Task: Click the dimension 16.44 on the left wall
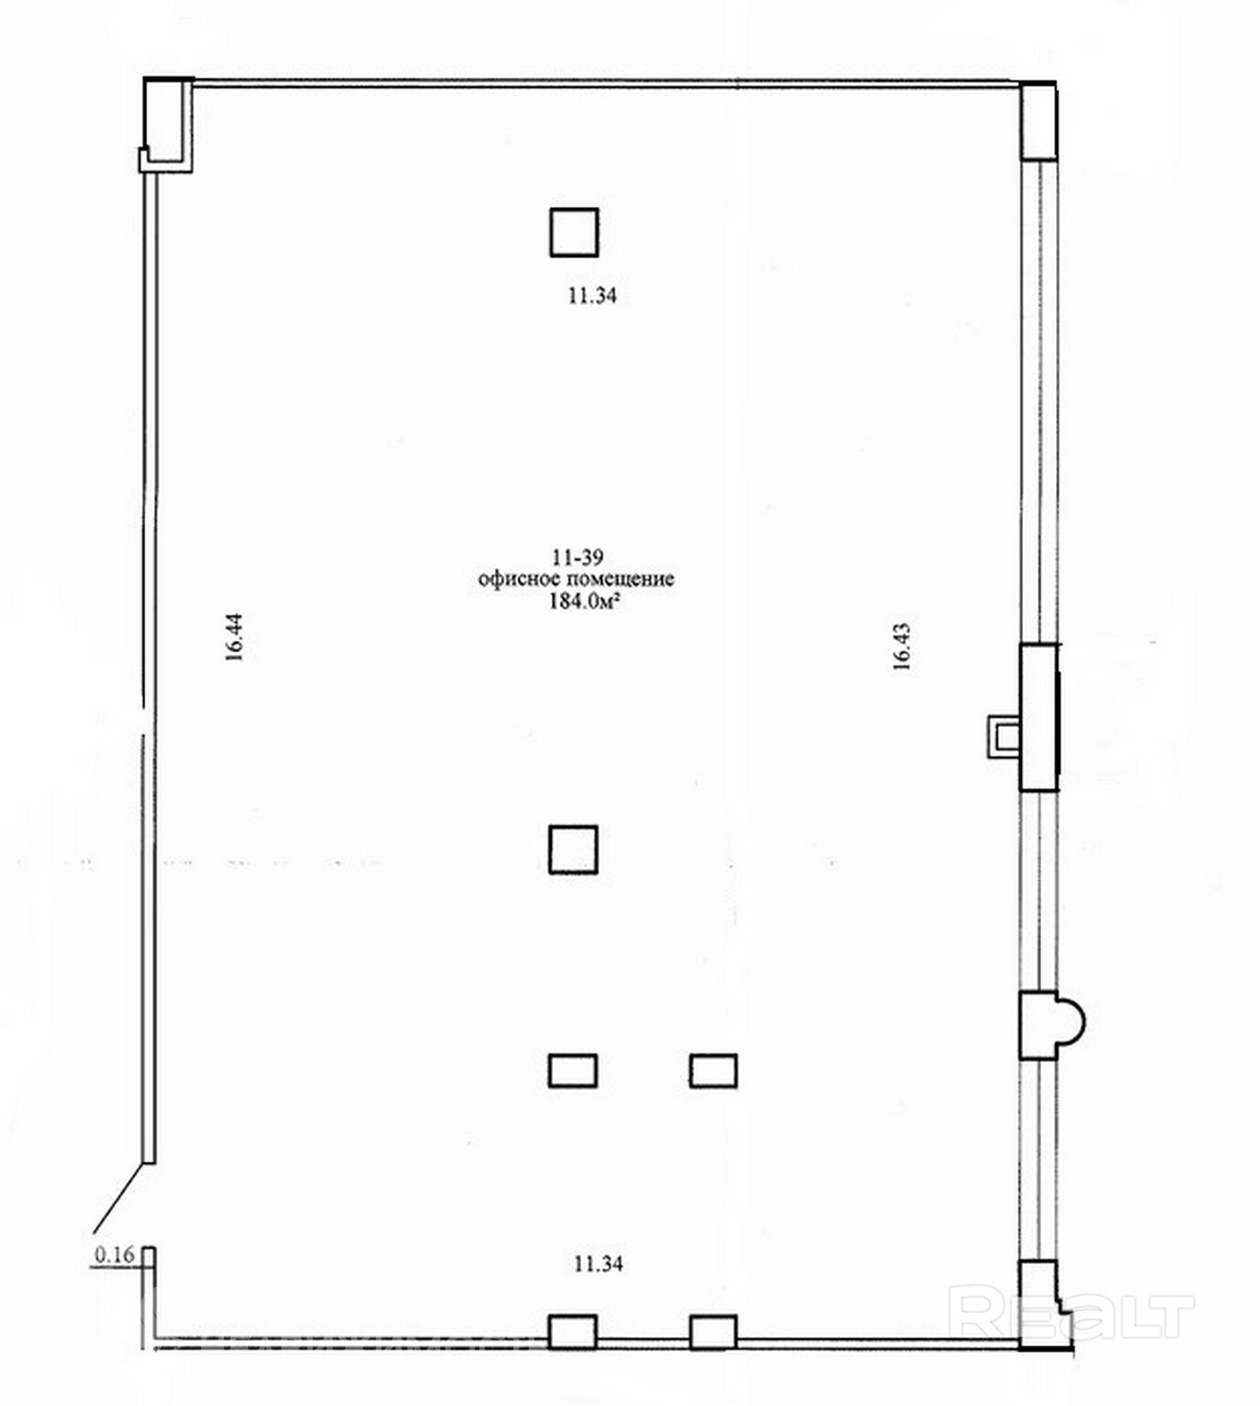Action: [234, 636]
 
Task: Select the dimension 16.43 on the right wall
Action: [902, 645]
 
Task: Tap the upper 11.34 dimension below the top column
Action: [592, 296]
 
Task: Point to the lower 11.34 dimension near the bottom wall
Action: [598, 1264]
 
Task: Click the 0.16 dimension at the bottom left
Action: [115, 1255]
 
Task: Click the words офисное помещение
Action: [576, 579]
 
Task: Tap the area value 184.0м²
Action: [584, 601]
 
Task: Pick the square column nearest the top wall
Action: [574, 233]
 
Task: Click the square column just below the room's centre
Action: [573, 849]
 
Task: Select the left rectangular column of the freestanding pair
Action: [573, 1070]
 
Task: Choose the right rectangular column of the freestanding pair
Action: [713, 1071]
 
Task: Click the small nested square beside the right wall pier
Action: [1004, 736]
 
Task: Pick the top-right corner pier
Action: [1039, 121]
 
